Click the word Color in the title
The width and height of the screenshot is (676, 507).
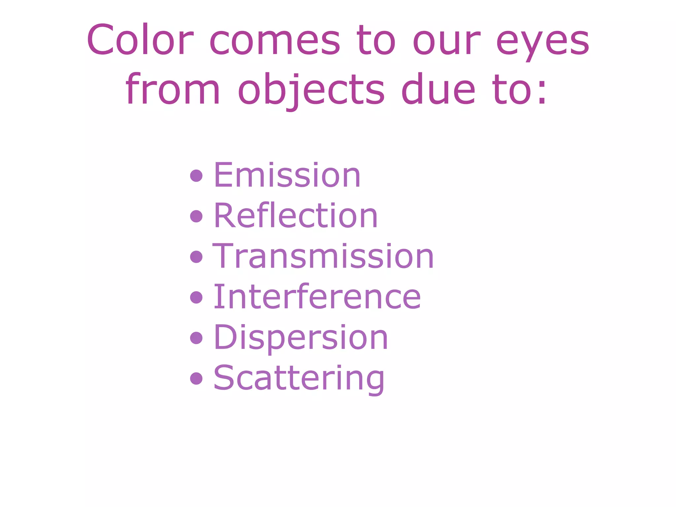pos(140,40)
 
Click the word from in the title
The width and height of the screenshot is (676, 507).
pos(173,89)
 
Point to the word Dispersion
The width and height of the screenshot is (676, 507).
pos(301,337)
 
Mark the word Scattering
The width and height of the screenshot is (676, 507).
pos(299,378)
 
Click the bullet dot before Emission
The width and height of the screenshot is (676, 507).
pos(196,176)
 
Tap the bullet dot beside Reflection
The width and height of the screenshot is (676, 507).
pos(196,216)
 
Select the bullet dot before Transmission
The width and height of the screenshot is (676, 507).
pos(196,257)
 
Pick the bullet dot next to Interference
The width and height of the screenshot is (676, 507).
pos(196,297)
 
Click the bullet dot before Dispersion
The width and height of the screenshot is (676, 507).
pos(196,338)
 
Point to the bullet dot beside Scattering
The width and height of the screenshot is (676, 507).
pos(196,378)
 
